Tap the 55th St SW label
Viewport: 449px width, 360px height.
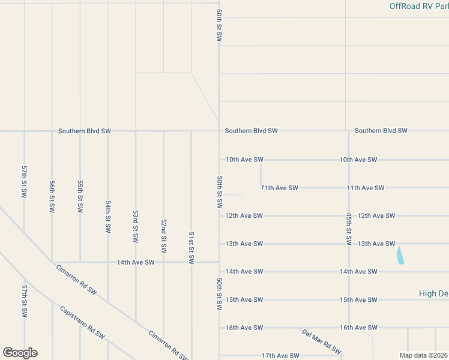click(x=80, y=196)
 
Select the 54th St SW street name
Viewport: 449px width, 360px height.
click(x=107, y=217)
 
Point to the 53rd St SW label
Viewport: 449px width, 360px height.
click(x=136, y=226)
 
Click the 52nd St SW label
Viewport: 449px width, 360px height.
click(x=163, y=235)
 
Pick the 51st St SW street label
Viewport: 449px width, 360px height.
click(x=191, y=248)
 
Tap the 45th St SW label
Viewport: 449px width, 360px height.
click(x=348, y=228)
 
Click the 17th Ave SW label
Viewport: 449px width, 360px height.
click(x=280, y=356)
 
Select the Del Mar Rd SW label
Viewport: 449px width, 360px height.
click(x=322, y=341)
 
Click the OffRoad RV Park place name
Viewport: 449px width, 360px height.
click(x=418, y=6)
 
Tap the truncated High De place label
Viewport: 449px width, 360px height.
click(x=433, y=293)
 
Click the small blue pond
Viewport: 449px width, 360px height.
click(x=400, y=256)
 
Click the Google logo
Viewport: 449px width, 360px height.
click(x=20, y=353)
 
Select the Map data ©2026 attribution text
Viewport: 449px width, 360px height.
click(x=424, y=355)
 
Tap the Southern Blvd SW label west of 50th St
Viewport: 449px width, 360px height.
click(x=85, y=131)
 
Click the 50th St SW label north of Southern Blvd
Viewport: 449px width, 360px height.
click(x=219, y=25)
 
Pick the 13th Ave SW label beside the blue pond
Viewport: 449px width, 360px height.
click(x=376, y=244)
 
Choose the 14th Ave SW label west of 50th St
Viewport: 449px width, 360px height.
click(x=136, y=262)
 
